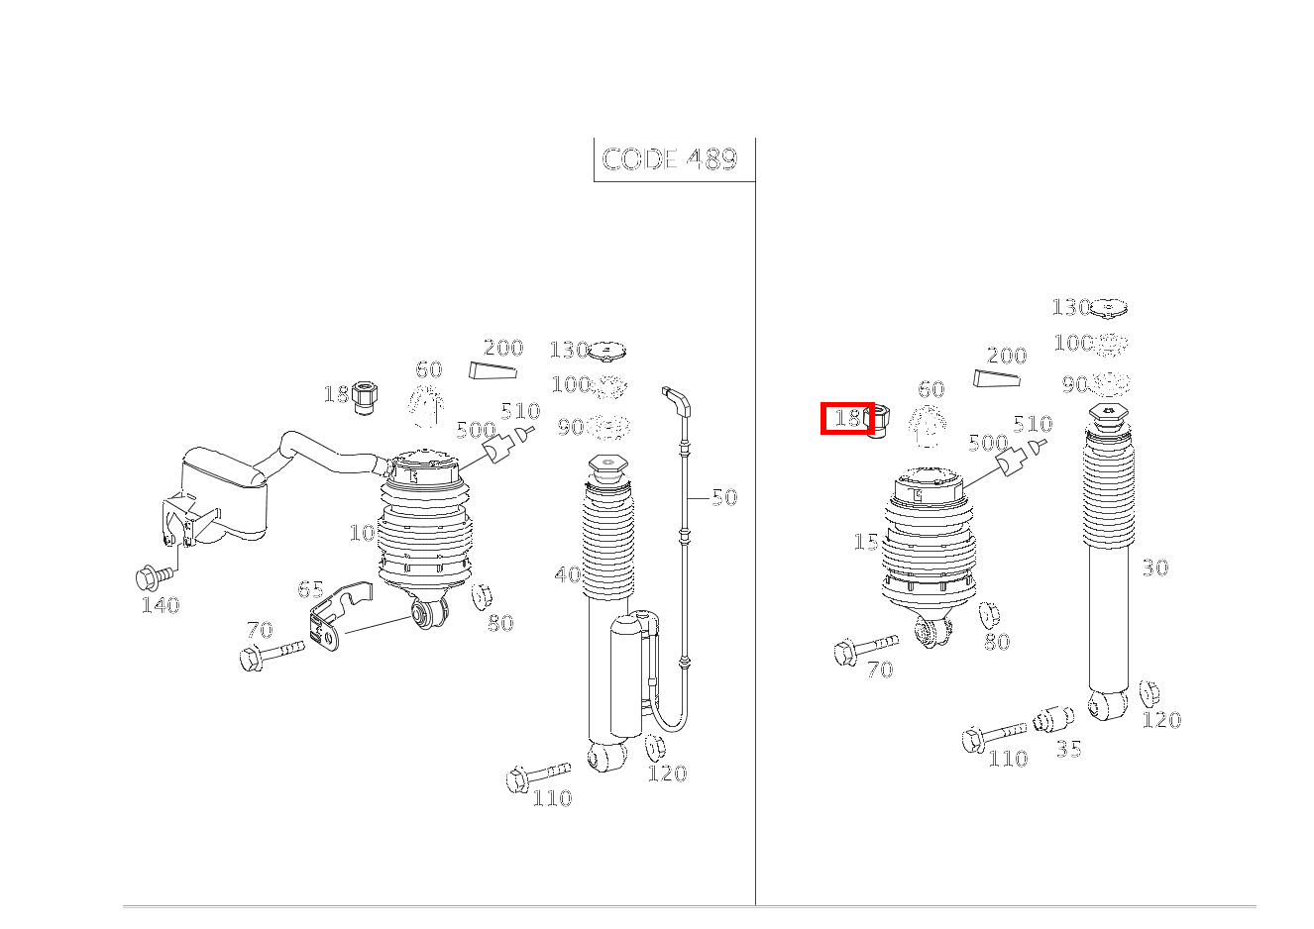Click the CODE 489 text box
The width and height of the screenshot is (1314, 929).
(x=671, y=159)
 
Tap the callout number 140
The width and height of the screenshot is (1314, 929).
(x=160, y=605)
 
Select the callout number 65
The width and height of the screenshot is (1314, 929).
(x=310, y=590)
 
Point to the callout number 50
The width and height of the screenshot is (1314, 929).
(x=724, y=497)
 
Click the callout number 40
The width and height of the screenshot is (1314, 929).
(x=568, y=574)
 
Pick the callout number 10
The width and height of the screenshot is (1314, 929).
(x=362, y=533)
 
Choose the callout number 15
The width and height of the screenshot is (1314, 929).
(x=866, y=543)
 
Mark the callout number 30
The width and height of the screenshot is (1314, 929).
(x=1154, y=568)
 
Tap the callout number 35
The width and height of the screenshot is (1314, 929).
(x=1068, y=749)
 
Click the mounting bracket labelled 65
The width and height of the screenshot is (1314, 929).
(x=336, y=619)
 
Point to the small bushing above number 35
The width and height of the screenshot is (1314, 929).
(x=1052, y=719)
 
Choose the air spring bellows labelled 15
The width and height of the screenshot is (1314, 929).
(x=929, y=550)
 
